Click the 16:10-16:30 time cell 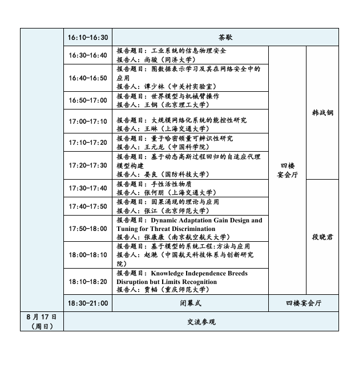(x=87, y=37)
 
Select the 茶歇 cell (x=225, y=37)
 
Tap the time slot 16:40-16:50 (x=87, y=78)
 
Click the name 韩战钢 (x=322, y=112)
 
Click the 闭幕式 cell (x=190, y=303)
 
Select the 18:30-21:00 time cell (x=87, y=303)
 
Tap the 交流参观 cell (x=201, y=322)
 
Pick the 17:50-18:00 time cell (x=87, y=228)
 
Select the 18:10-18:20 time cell (x=87, y=281)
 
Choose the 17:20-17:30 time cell (x=87, y=165)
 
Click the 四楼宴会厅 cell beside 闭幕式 (x=303, y=303)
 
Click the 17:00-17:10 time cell (x=87, y=121)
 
